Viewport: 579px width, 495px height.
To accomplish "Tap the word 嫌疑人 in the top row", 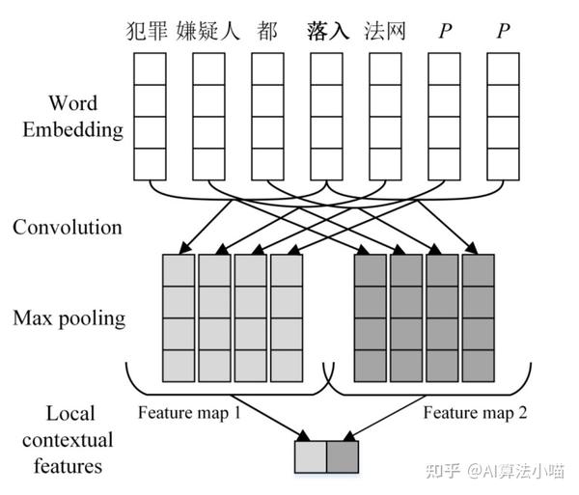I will (x=207, y=30).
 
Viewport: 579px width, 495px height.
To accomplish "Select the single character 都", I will (x=267, y=30).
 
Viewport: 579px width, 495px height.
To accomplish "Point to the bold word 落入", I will (x=328, y=30).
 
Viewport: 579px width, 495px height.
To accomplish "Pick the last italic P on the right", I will (x=502, y=30).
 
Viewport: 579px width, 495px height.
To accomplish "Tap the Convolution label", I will (x=68, y=228).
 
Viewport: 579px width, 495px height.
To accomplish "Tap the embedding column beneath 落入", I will (x=326, y=115).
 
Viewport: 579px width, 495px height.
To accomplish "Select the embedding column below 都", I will (x=267, y=115).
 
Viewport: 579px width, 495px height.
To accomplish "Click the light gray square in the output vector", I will (x=310, y=456).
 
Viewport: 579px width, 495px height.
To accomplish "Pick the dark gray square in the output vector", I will (x=342, y=456).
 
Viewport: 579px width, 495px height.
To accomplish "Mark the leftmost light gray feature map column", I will (x=179, y=317).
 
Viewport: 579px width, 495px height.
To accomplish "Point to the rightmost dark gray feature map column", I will (x=478, y=317).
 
